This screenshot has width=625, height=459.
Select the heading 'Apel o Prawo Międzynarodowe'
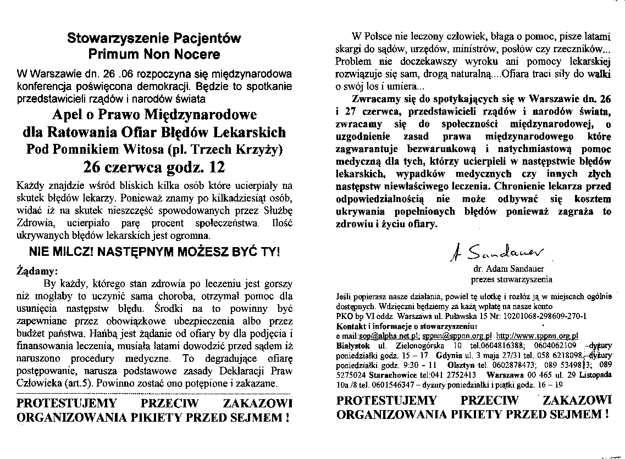tap(154, 115)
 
